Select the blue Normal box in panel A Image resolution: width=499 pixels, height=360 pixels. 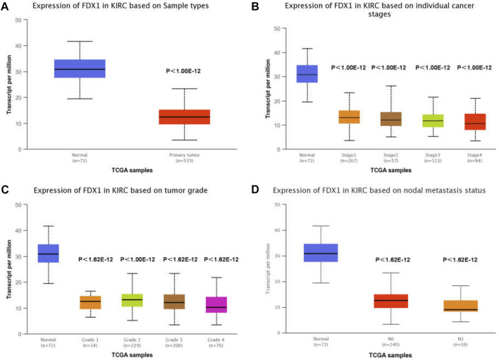(80, 68)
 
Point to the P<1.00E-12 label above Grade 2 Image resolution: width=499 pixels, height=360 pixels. (132, 259)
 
